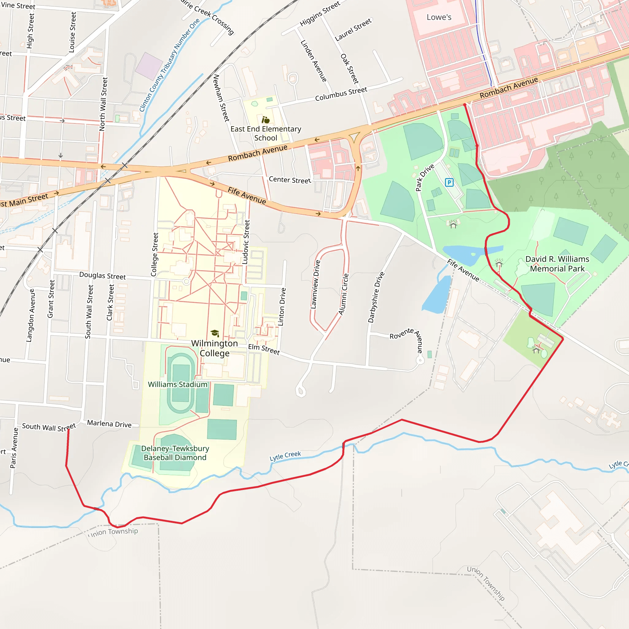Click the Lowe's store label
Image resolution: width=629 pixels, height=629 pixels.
[439, 17]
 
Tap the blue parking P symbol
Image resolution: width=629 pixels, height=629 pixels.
[449, 182]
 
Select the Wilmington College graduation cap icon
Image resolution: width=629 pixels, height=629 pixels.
[215, 333]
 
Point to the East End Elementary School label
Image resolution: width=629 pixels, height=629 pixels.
[266, 134]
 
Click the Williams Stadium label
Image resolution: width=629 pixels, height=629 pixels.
[178, 385]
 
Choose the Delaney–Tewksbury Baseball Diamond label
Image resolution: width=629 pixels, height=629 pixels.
[175, 453]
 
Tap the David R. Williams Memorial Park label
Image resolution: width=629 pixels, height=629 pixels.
[557, 264]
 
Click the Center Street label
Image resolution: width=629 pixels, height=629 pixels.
[290, 180]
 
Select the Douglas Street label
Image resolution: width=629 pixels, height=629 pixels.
[103, 276]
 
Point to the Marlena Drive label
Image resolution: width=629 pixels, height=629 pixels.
[109, 424]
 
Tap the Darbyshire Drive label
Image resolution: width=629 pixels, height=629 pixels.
[376, 297]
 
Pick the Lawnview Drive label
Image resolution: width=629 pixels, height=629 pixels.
[315, 284]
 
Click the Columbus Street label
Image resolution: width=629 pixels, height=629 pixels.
[341, 94]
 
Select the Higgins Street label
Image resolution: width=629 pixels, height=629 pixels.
[320, 13]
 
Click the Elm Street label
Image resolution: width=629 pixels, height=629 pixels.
[264, 349]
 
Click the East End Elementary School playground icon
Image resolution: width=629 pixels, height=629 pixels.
[266, 120]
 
